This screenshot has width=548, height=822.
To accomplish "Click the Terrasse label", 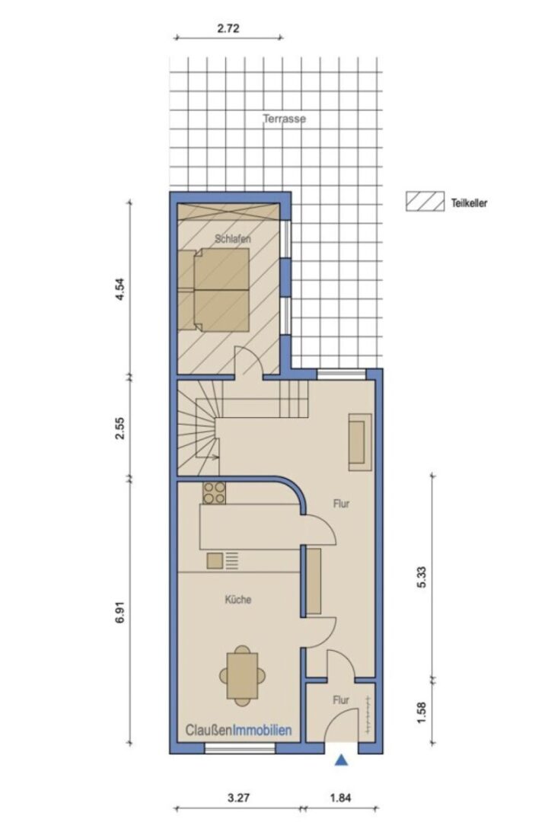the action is tap(284, 119).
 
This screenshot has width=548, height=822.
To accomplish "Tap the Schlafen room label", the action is tap(233, 239).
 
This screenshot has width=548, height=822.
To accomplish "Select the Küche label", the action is tap(238, 599).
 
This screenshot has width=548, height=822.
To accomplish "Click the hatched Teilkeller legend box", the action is tap(425, 202).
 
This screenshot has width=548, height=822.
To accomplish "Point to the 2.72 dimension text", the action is tap(228, 28).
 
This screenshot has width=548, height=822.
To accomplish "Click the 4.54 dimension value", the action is tap(120, 289).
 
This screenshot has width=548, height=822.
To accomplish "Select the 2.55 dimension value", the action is tap(120, 429).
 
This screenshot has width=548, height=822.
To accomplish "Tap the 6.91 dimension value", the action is tap(120, 612).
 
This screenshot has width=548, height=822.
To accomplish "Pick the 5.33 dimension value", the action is tap(422, 577).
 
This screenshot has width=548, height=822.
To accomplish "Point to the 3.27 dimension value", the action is tap(238, 798).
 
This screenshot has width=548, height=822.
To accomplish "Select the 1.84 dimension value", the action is tap(341, 798).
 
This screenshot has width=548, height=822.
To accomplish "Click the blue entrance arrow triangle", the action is tap(342, 760).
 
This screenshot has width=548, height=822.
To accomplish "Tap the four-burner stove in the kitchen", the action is tap(215, 492).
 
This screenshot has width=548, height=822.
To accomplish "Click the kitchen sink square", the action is tap(215, 561).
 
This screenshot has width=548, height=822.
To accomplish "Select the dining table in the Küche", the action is tap(242, 676).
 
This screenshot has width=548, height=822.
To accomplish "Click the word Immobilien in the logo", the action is tap(262, 730).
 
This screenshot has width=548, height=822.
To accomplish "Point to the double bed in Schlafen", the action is tap(214, 290).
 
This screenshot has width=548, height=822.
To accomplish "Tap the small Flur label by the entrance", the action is tap(341, 700).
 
